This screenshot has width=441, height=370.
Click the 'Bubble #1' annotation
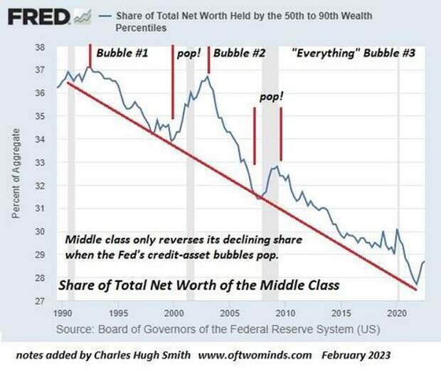[x=123, y=53]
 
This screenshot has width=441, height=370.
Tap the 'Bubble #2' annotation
[x=240, y=53]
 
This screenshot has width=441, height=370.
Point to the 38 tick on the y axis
[x=40, y=47]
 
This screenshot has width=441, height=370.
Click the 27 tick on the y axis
[x=40, y=301]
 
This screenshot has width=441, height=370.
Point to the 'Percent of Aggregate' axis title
[x=15, y=174]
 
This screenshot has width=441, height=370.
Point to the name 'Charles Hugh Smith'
[x=154, y=354]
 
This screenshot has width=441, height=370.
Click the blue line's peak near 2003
[x=206, y=75]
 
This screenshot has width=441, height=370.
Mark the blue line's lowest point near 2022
[x=416, y=284]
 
